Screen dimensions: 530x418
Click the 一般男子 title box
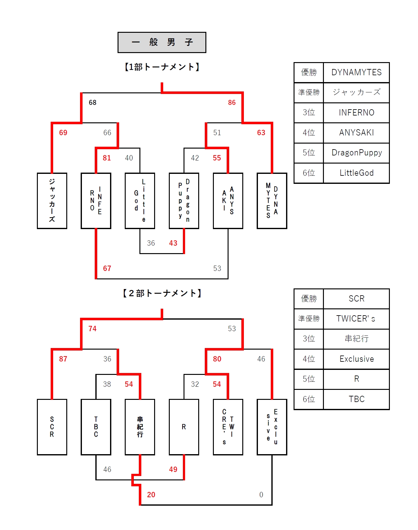162,42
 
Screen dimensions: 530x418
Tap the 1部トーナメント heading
162,67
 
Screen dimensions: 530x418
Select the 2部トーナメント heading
162,293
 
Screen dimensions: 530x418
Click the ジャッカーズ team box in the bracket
52,201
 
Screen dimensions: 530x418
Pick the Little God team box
140,201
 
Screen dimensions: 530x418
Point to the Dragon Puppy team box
184,201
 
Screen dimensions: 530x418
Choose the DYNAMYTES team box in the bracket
272,201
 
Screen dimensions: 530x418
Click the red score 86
232,103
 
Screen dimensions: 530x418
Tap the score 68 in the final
93,103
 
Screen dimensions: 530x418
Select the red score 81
107,158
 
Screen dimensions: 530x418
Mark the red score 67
107,268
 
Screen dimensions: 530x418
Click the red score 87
63,359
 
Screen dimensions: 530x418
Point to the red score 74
93,329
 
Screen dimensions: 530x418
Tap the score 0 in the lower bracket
261,495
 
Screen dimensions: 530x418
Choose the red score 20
151,495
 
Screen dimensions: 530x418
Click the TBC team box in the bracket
96,427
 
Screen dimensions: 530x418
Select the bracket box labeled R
184,427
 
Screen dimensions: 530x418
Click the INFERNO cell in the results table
356,113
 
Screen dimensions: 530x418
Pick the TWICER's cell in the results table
356,319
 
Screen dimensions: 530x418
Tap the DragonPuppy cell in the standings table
356,153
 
